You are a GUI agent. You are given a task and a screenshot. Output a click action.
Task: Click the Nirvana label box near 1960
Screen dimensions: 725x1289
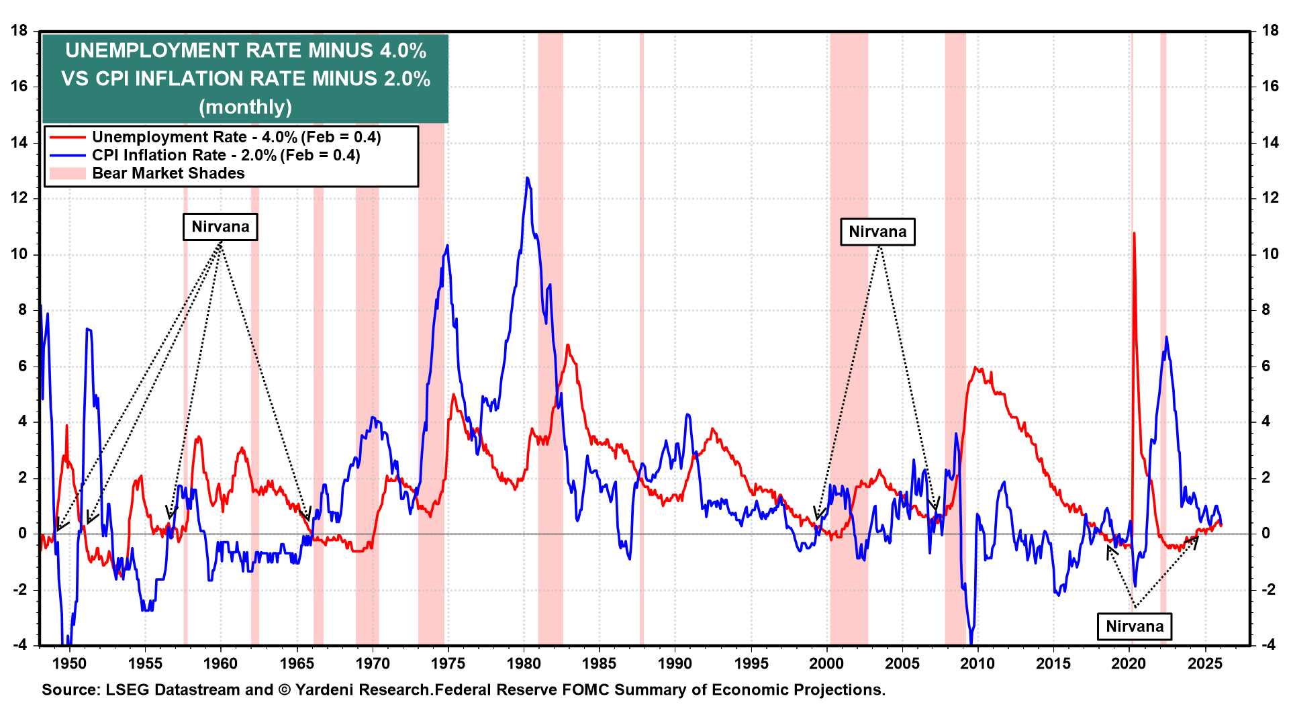[220, 227]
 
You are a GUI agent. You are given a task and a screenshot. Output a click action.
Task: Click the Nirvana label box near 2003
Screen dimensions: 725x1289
[877, 232]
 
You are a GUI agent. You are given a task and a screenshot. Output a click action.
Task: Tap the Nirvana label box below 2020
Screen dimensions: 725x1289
[1135, 626]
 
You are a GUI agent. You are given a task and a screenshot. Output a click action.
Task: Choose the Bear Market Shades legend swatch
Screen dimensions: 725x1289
[67, 173]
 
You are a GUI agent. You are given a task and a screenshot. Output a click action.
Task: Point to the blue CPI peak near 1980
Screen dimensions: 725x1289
[527, 179]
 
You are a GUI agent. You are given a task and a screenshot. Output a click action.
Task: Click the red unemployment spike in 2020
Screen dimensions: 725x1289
[1134, 234]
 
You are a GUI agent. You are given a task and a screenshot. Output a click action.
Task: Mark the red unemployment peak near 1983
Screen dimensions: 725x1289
[568, 346]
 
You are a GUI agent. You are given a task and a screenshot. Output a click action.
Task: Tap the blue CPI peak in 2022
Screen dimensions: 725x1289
[1166, 338]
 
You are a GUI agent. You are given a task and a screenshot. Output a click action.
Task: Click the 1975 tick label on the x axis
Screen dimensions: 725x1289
[448, 664]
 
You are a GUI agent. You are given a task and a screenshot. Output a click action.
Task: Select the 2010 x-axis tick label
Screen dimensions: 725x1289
[977, 664]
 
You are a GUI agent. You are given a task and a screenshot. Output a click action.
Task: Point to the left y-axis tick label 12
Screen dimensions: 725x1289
[19, 198]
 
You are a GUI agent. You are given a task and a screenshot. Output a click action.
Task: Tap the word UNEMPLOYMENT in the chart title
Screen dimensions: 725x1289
[152, 51]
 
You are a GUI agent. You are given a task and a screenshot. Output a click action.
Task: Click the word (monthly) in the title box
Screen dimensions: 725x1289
[246, 107]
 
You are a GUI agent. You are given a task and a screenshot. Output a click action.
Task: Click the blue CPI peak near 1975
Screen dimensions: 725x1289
[447, 246]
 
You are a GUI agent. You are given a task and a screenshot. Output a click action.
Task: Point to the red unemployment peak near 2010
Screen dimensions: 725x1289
[975, 368]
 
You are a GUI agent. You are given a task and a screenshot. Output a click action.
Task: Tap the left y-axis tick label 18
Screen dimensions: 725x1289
[19, 31]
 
